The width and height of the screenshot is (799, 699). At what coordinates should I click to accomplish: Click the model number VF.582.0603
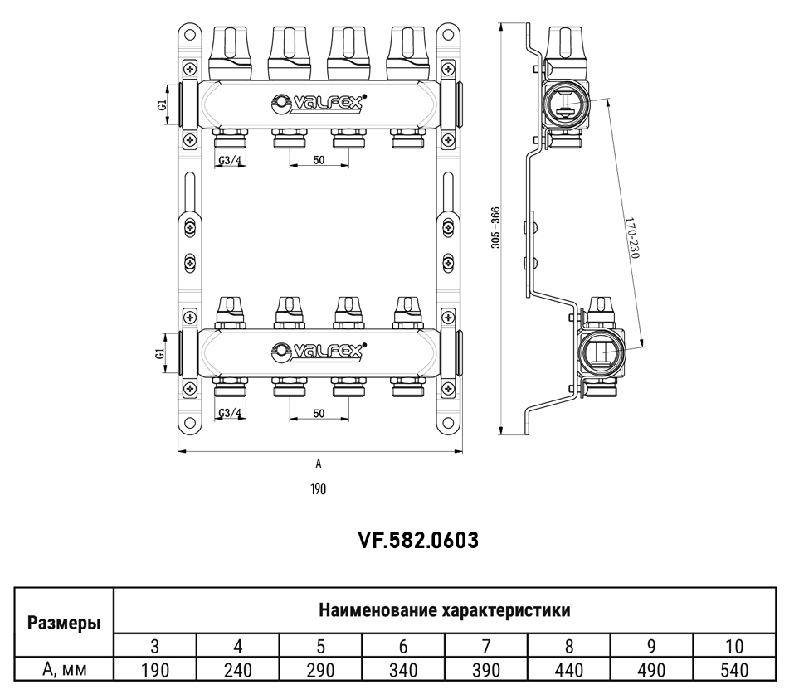tap(419, 541)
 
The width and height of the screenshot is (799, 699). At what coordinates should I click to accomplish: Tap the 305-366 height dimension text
tap(495, 227)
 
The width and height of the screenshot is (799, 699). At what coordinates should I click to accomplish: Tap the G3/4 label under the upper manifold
tap(231, 160)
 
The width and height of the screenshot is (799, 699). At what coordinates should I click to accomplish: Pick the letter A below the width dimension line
tap(319, 464)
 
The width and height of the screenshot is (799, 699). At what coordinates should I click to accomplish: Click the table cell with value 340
tap(403, 670)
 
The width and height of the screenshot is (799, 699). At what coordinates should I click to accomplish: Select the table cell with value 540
tap(734, 670)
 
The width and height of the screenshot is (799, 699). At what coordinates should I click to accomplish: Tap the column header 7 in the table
tap(486, 647)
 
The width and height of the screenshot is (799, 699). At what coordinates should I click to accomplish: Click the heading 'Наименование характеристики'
tap(444, 611)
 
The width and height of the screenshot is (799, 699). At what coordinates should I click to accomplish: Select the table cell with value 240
tap(238, 670)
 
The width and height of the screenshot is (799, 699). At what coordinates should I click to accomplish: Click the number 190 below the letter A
tap(319, 489)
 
